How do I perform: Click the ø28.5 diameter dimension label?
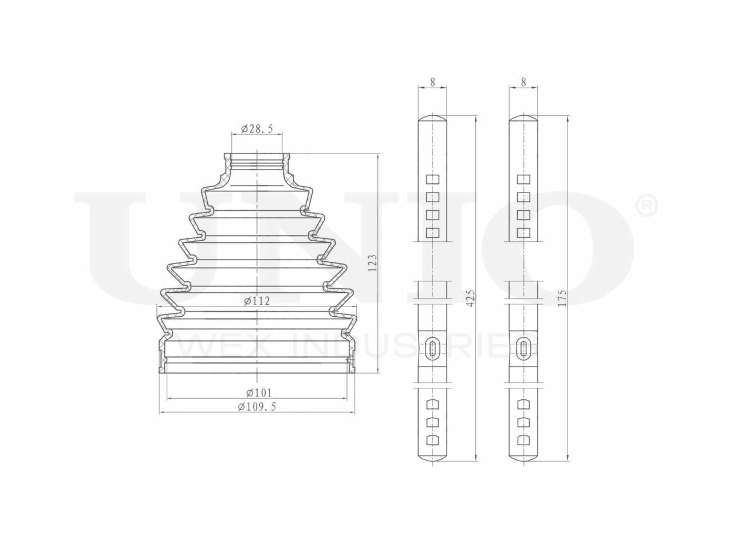[x=257, y=128]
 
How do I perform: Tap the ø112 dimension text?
[x=257, y=301]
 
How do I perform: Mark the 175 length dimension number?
[x=562, y=298]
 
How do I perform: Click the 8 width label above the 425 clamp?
[x=432, y=82]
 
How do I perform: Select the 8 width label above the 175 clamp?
[x=523, y=82]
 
